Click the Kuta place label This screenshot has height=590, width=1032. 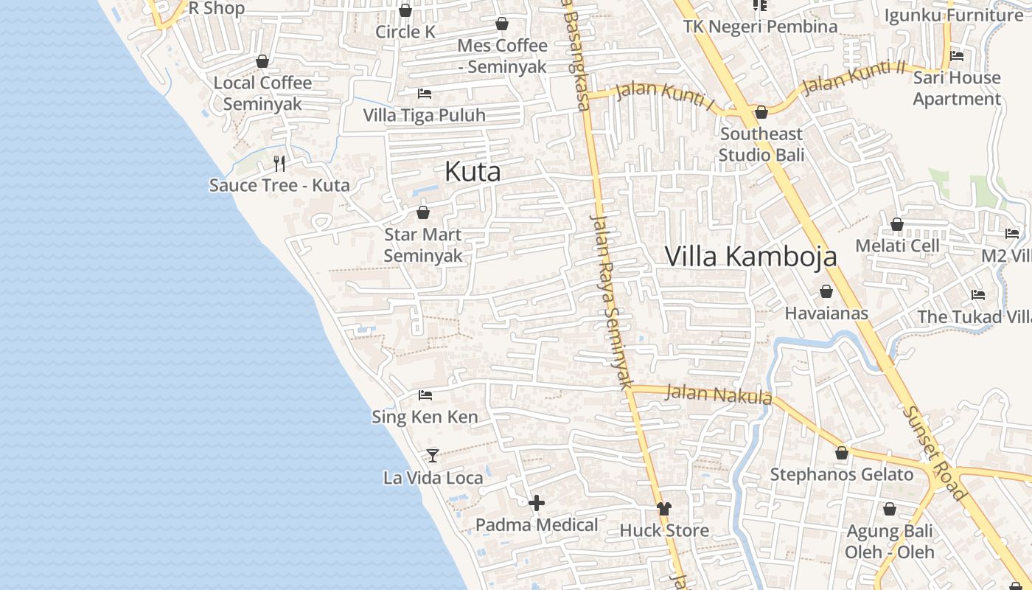(473, 172)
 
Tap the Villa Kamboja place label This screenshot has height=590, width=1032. (750, 256)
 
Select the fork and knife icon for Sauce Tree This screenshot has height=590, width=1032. (279, 163)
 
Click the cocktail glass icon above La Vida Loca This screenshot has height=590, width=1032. (433, 456)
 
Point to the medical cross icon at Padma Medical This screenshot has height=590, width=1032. (537, 503)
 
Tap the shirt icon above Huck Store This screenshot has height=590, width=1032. (664, 508)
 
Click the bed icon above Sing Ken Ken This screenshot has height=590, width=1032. (425, 395)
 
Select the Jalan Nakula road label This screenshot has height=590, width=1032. (718, 394)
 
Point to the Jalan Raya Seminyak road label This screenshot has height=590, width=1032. (612, 302)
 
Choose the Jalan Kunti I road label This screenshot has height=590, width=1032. (664, 96)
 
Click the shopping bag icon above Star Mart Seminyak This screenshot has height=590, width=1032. (423, 212)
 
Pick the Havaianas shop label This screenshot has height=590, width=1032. (826, 313)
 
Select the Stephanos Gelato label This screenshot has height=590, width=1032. (842, 474)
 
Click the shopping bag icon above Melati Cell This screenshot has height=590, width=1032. (897, 223)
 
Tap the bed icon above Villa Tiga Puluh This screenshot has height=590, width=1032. (425, 93)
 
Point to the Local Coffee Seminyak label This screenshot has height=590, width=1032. (262, 93)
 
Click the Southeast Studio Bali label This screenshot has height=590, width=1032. (761, 145)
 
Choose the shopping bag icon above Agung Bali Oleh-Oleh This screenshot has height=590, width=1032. (889, 509)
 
